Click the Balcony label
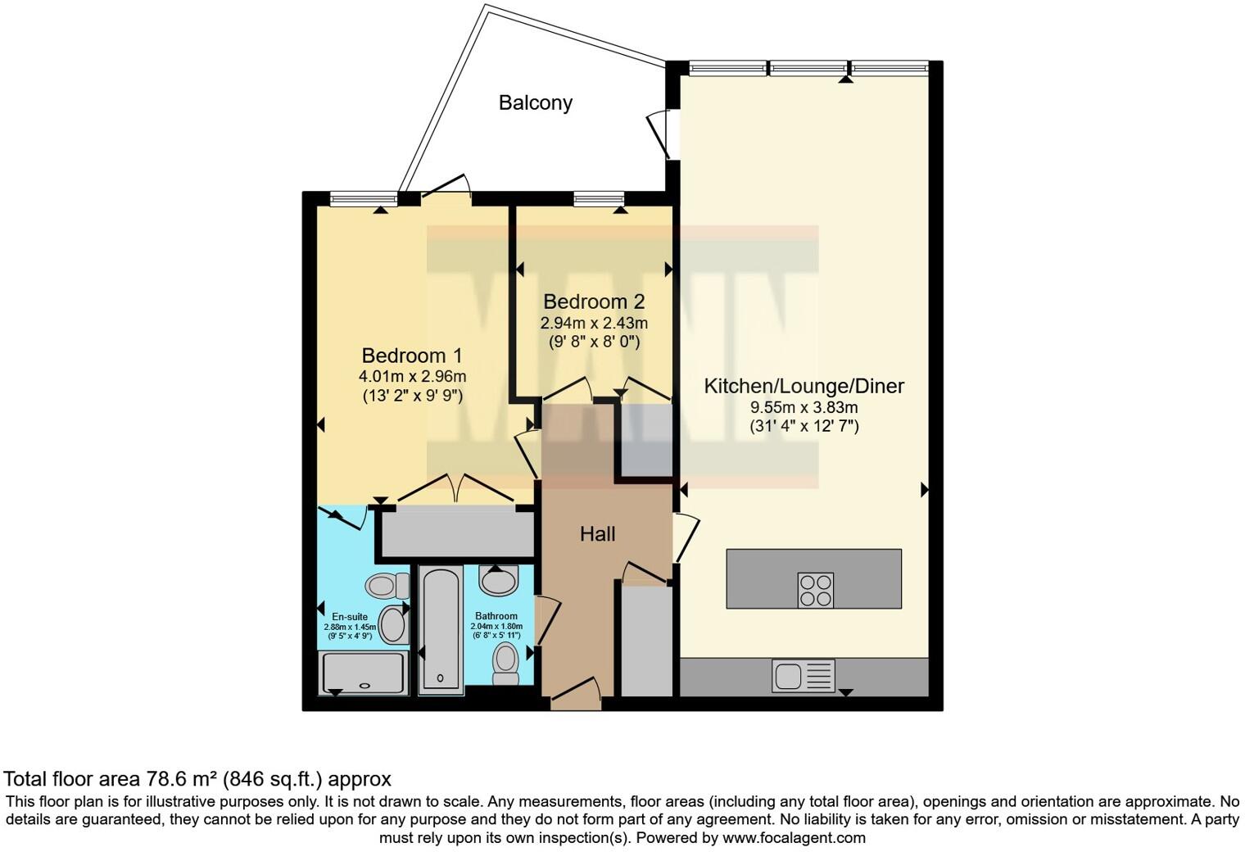(x=535, y=103)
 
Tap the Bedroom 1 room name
(x=412, y=356)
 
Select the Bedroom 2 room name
(x=594, y=302)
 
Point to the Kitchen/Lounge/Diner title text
(x=804, y=386)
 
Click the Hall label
(x=597, y=534)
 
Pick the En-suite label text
(x=350, y=617)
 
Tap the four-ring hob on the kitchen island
(x=815, y=590)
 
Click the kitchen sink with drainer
(x=803, y=677)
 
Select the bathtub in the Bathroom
(x=441, y=629)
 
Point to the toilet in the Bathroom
(x=506, y=662)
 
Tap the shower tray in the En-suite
(x=363, y=673)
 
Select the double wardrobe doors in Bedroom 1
(x=456, y=489)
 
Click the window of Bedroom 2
(x=599, y=198)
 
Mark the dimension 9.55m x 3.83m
(x=804, y=407)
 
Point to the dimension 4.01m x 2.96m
(x=412, y=377)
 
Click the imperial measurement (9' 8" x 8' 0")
(x=594, y=342)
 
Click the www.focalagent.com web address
(x=794, y=838)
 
